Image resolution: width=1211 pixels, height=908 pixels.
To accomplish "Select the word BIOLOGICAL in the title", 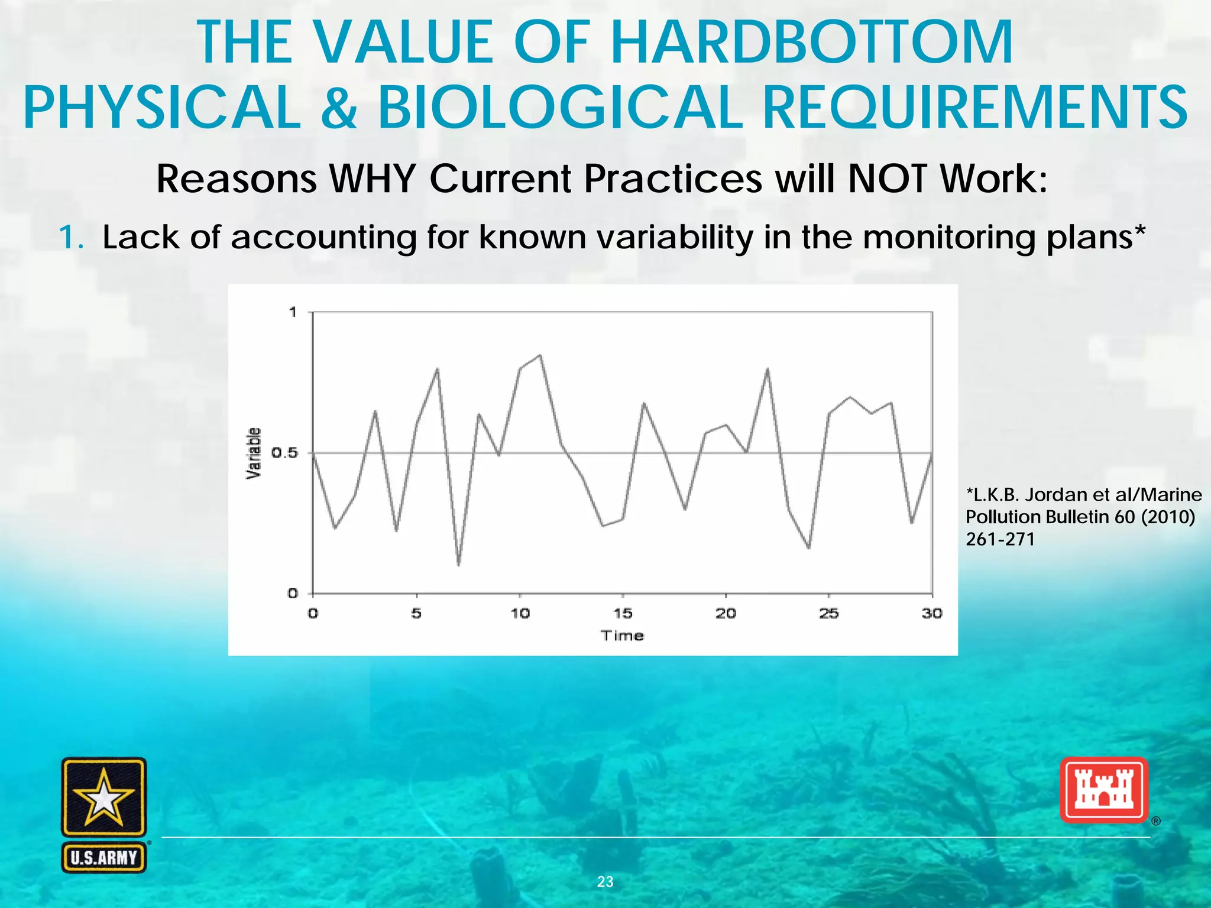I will click(559, 108).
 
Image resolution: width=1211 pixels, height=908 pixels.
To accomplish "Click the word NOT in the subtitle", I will click(888, 179).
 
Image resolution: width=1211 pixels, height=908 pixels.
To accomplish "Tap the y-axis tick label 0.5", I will click(284, 453).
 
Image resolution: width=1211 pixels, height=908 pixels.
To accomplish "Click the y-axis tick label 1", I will click(293, 312).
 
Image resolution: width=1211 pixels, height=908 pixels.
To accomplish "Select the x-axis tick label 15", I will click(622, 614).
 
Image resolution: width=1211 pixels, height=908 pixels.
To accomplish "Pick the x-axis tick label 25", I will click(828, 614).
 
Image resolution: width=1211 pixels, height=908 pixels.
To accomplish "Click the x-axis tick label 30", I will click(932, 614).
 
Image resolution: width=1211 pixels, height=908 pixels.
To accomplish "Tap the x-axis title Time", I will click(622, 635).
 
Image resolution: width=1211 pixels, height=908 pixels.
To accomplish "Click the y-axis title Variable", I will click(254, 453).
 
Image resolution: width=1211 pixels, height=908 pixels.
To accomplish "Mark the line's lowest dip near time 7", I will click(458, 565).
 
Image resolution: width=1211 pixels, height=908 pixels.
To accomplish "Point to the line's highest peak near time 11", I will click(540, 355).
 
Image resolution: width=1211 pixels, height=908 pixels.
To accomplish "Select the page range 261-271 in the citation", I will click(1000, 539).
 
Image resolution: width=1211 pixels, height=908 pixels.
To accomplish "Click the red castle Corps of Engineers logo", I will click(1103, 790).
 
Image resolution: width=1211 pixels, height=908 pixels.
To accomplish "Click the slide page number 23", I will click(605, 881).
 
